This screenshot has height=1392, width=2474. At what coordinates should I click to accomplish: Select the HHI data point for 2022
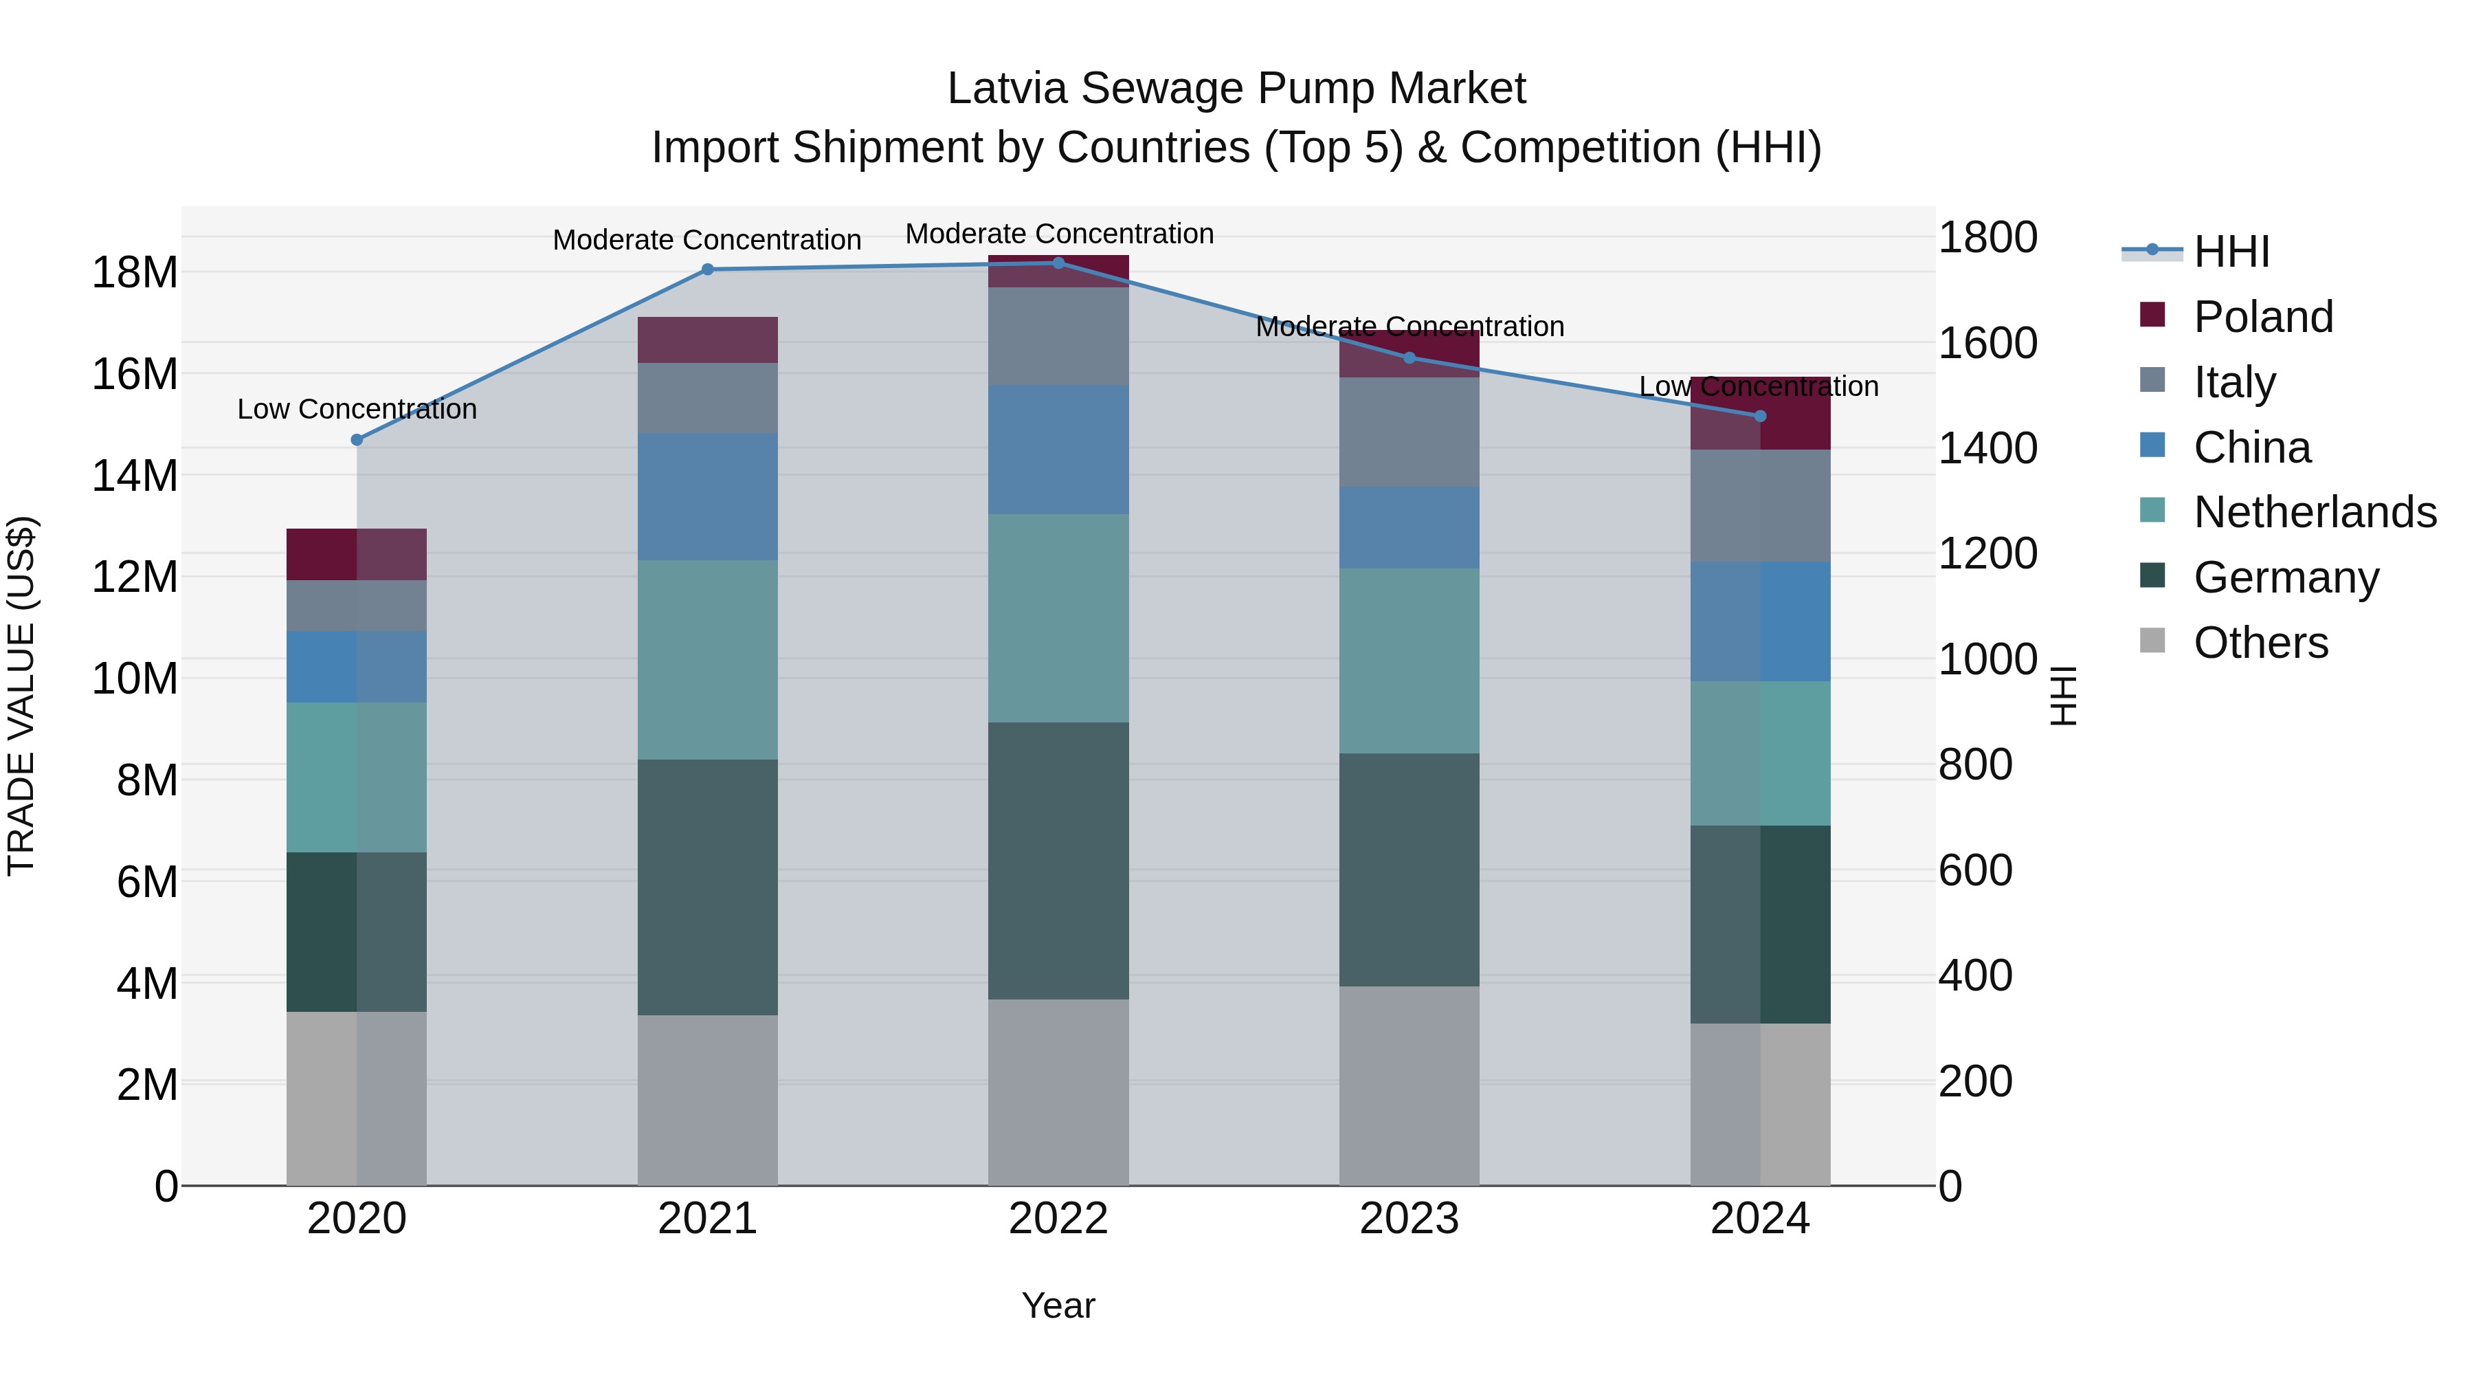pyautogui.click(x=1058, y=263)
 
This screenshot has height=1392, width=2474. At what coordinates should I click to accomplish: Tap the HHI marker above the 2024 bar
pyautogui.click(x=1759, y=416)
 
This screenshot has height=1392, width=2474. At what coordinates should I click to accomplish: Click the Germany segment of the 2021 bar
pyautogui.click(x=707, y=887)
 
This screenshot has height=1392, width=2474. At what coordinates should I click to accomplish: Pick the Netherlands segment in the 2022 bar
pyautogui.click(x=1058, y=618)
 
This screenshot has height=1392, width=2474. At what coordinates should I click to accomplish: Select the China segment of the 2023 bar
pyautogui.click(x=1409, y=527)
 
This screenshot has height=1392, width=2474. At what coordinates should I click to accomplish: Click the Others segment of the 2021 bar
pyautogui.click(x=707, y=1100)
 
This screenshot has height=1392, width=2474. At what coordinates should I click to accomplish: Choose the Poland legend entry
pyautogui.click(x=2263, y=317)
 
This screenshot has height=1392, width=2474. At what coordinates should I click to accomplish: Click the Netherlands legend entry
pyautogui.click(x=2315, y=512)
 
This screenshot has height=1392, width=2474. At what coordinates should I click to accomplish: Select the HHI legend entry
pyautogui.click(x=2231, y=252)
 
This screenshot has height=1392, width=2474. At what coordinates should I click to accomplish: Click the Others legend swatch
pyautogui.click(x=2152, y=641)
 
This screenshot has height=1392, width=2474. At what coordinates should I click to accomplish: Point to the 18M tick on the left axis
pyautogui.click(x=135, y=273)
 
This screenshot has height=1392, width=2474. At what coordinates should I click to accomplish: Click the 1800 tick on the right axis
pyautogui.click(x=1987, y=237)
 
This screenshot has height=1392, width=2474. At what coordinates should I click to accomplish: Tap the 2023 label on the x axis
pyautogui.click(x=1409, y=1219)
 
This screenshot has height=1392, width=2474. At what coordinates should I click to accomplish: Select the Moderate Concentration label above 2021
pyautogui.click(x=707, y=240)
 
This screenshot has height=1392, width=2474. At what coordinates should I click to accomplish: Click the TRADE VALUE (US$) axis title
pyautogui.click(x=21, y=696)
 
